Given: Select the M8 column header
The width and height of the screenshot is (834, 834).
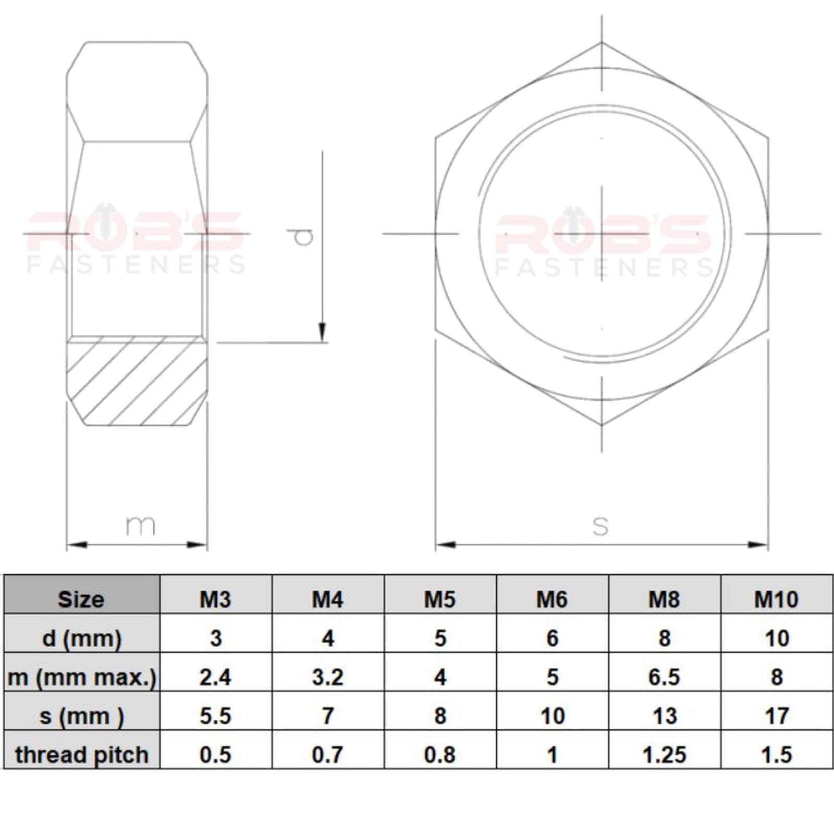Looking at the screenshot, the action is (664, 599).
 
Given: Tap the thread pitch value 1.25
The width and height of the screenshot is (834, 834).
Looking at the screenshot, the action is (665, 755).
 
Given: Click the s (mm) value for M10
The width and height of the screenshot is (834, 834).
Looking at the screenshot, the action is (777, 716).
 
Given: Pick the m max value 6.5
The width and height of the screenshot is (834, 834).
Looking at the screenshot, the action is (665, 677).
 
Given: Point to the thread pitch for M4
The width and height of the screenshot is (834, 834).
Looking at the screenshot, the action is (328, 755).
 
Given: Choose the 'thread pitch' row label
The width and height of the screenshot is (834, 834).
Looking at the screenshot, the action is (82, 755).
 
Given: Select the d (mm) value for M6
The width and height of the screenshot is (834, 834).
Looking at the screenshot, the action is (553, 638).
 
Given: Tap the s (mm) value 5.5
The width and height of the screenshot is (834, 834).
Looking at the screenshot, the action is (216, 716).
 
